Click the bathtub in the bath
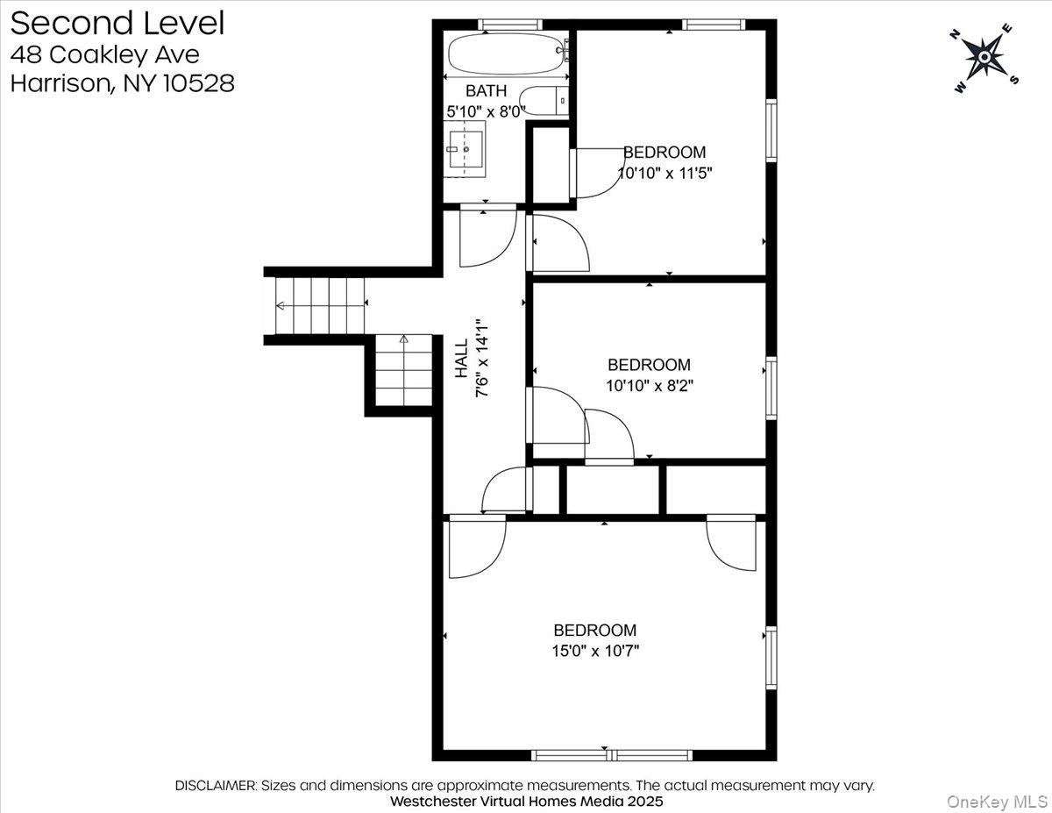508,53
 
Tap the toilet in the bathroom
545,101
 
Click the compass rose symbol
984,58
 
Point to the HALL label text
461,359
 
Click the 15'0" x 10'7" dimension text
595,650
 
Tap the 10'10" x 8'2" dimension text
650,385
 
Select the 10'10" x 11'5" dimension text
665,173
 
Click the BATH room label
486,90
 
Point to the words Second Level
117,24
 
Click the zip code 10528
198,83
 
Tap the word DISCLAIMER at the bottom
216,785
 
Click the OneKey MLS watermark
997,802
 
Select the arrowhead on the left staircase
280,305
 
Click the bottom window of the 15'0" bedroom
612,755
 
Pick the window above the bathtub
510,25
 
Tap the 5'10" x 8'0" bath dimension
486,112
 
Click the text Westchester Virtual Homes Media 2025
526,801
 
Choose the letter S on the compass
1014,80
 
